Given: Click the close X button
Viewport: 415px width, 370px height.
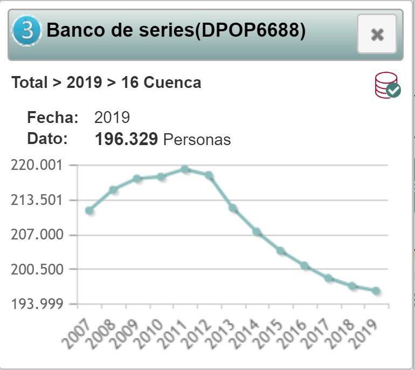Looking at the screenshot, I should coord(377,35).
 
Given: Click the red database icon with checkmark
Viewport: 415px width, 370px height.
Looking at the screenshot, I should coord(387,85).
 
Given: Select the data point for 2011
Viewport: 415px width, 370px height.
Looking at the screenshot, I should coord(185,169).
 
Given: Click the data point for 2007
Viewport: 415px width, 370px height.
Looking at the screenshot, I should coord(89,210).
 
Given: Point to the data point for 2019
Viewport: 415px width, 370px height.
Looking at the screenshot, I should coord(376,291).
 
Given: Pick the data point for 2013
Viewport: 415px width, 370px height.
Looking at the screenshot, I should coord(233,208).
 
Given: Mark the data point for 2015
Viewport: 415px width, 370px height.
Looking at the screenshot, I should coord(280,251).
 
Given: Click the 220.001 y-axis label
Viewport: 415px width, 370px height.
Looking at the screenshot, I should coord(37,165).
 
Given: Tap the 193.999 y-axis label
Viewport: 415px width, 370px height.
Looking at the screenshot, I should coord(37,304).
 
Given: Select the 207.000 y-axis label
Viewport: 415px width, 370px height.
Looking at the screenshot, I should coord(37,235).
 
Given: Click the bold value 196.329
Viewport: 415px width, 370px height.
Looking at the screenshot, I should coord(126,139).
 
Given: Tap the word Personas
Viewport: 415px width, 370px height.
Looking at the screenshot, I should coord(197,140).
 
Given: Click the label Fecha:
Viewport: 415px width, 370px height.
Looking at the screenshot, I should coord(53,118).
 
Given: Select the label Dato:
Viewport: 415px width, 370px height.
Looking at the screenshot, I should coord(47,139).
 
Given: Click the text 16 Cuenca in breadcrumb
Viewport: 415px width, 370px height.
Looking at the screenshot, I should coord(161,83).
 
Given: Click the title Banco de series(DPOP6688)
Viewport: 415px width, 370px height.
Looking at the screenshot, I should coord(176,31).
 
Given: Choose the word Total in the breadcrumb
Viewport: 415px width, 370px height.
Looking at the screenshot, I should coord(30,83).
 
